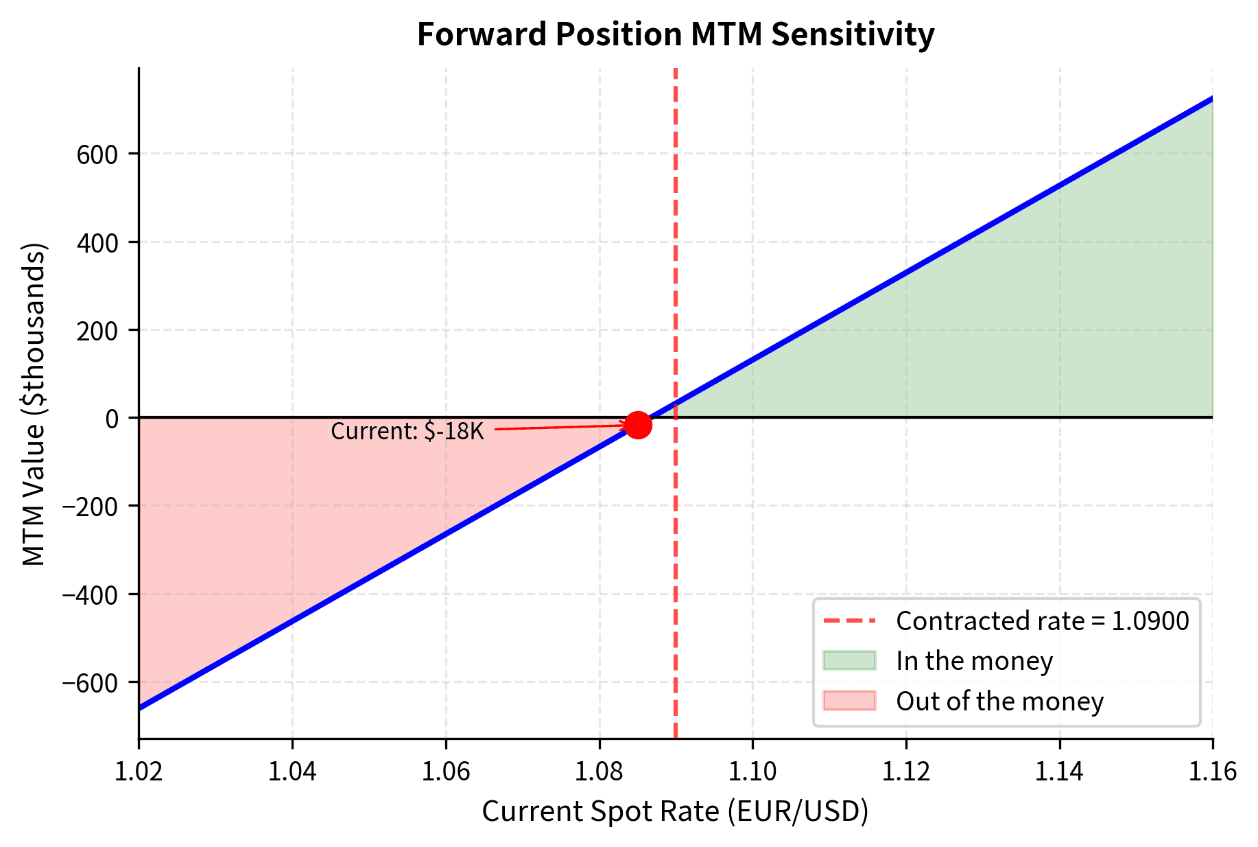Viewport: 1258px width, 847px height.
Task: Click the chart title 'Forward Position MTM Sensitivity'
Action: point(675,34)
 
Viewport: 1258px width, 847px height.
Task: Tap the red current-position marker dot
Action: point(638,425)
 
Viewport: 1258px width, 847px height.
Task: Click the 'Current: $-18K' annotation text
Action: point(407,432)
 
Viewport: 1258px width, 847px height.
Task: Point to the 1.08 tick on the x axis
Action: point(600,771)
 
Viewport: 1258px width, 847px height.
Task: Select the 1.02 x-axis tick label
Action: point(139,771)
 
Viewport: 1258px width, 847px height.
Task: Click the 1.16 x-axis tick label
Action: point(1213,771)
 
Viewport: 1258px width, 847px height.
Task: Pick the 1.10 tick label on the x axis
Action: point(753,771)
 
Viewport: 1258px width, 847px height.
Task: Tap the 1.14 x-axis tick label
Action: point(1060,771)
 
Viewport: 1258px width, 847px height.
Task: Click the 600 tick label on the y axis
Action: point(97,154)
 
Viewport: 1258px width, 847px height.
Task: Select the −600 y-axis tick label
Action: point(90,682)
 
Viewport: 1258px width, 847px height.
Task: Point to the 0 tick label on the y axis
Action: point(112,418)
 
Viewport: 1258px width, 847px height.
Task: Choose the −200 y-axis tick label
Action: point(90,506)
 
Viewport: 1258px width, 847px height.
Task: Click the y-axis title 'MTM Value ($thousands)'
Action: point(34,404)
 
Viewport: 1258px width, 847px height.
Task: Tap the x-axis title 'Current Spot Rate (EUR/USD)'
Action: point(675,811)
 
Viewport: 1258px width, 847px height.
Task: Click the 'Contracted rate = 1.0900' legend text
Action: point(1042,621)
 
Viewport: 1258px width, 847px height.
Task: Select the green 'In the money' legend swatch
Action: point(849,660)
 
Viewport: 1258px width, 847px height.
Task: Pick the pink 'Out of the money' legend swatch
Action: point(849,701)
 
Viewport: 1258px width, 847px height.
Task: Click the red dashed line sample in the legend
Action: point(849,621)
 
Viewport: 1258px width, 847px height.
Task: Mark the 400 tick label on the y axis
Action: point(97,242)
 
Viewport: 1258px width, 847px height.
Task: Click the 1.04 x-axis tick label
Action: point(293,771)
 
